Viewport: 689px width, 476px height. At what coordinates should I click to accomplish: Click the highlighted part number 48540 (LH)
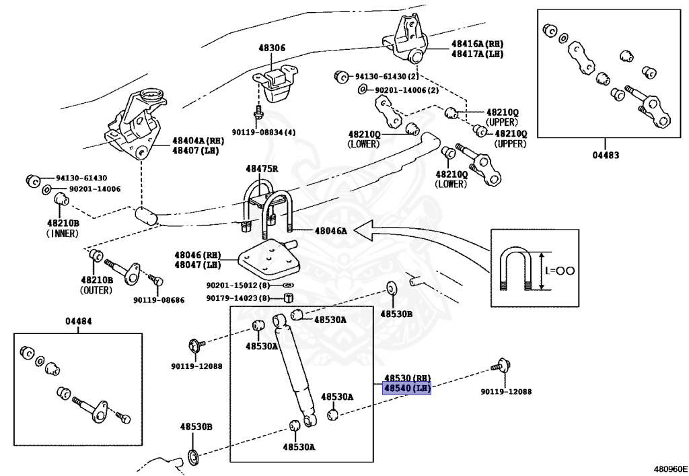click(x=406, y=388)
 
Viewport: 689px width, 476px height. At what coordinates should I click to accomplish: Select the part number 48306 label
click(x=272, y=48)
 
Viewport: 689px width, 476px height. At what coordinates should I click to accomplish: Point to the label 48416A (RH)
click(x=477, y=43)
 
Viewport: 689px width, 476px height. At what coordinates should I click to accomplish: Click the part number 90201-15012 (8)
click(x=238, y=285)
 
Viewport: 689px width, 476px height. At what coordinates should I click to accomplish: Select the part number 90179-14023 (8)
click(x=238, y=298)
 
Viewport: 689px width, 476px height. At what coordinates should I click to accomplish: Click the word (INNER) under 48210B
click(x=63, y=234)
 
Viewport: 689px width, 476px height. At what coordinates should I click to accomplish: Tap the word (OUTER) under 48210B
click(x=96, y=290)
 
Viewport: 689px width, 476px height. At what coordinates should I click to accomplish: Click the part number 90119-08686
click(x=158, y=300)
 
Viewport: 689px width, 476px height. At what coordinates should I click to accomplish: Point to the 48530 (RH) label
click(x=406, y=378)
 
